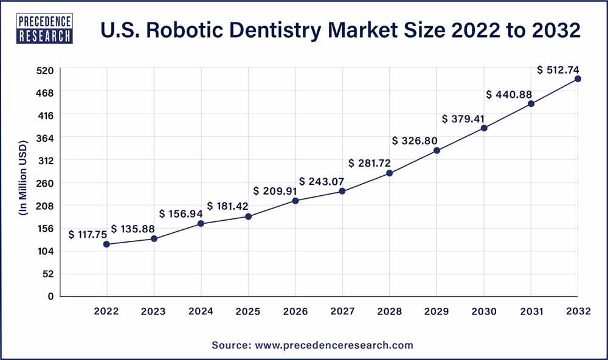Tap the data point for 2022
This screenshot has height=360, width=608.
pos(107,244)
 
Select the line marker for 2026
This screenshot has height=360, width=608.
pos(295,201)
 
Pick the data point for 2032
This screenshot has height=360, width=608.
pos(578,79)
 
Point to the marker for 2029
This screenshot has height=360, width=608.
pos(437,150)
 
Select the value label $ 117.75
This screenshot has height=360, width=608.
pos(88,234)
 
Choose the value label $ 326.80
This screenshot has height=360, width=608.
pos(415,140)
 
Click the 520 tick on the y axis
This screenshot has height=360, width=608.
pos(46,70)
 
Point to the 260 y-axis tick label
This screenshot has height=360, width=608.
pos(46,183)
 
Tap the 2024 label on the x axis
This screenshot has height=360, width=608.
pos(201,311)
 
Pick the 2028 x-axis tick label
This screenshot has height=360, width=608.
pos(390,311)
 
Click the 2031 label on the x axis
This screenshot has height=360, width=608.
pos(531,311)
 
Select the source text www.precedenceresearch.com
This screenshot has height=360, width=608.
pos(313,345)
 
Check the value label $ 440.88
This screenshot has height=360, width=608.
pos(510,94)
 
